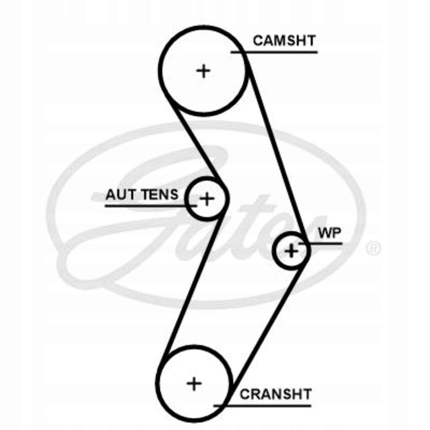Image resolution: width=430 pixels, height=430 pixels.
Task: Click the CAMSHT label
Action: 284,40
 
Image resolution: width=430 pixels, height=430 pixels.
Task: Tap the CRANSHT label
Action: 275,394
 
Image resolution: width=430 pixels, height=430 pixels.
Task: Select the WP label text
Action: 330,233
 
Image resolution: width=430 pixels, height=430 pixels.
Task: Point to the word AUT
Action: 121,195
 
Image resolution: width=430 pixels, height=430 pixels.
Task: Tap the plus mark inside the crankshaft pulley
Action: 194,384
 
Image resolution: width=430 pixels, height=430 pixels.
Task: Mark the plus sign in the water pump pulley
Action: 292,250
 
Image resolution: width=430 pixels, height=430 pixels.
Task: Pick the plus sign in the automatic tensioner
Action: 207,198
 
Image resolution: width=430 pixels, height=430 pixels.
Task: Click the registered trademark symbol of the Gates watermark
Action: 374,248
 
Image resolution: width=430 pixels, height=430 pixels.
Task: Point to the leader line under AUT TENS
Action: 147,206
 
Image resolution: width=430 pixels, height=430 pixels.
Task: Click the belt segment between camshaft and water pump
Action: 276,150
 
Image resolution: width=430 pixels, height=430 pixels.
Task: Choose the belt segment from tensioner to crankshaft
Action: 193,283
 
